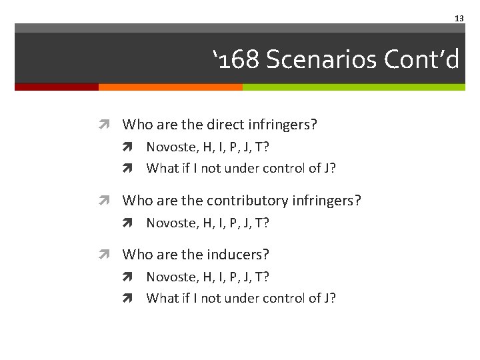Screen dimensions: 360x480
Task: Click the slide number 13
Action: (x=459, y=19)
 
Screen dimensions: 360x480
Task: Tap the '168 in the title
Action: (x=236, y=60)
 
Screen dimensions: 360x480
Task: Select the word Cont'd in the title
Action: (x=422, y=60)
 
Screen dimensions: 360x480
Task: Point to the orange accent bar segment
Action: (x=170, y=87)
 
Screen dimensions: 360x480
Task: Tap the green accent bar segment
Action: (x=353, y=87)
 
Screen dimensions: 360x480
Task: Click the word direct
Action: (x=225, y=125)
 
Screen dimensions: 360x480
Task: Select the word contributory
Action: (x=249, y=201)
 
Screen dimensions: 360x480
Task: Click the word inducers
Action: (x=238, y=255)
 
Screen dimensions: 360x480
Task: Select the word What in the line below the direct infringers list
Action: (x=161, y=168)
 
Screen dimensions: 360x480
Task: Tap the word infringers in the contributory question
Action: (x=328, y=201)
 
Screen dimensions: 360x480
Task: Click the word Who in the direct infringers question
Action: (x=137, y=125)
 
